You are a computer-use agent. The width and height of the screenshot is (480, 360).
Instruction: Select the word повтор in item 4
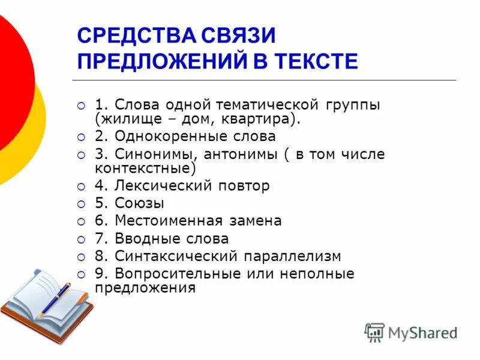coord(239,185)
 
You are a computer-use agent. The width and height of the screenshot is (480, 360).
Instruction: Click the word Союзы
coord(139,203)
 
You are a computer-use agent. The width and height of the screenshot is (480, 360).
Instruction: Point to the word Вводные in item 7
coord(142,239)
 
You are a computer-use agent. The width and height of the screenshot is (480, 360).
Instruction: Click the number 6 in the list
coord(99,221)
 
